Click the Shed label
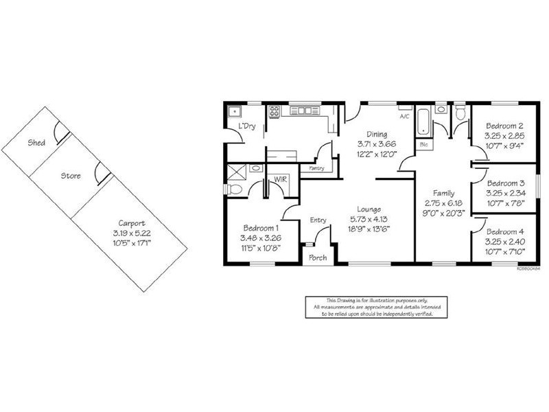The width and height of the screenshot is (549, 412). pos(36,144)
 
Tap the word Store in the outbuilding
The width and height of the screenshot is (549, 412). pos(71,176)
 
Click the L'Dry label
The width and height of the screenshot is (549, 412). pos(245,128)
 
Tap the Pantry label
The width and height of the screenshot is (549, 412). pos(317,167)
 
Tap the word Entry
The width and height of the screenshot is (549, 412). pos(318,220)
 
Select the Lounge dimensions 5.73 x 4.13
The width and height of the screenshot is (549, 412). pos(373,219)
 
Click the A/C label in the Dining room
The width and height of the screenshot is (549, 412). pos(404,117)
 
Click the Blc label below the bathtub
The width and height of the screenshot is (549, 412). pos(423,145)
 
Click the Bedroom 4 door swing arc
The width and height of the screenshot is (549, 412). pos(481,225)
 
